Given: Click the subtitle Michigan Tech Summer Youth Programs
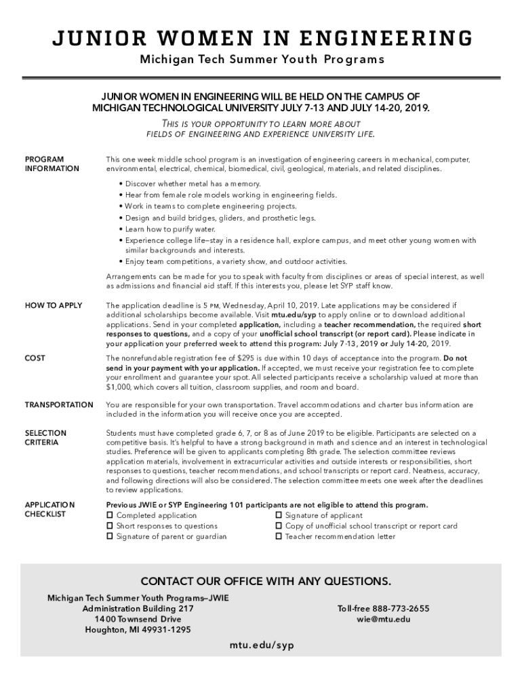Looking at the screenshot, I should coord(262,59).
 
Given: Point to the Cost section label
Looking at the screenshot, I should coord(35,358).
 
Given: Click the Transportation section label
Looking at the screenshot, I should coord(59,405).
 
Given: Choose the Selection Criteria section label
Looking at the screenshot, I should coord(45,438).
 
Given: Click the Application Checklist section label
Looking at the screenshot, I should coord(49,509).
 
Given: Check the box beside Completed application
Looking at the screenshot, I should coord(110,516).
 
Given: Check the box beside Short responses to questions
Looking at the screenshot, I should coord(110,526).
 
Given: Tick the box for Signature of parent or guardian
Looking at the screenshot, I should coord(110,537).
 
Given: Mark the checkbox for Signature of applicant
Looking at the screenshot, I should coord(279,516).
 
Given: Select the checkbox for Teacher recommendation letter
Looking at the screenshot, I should coord(279,537).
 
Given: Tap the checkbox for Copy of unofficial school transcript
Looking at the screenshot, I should coord(279,526).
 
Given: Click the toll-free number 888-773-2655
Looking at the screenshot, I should coord(383,609).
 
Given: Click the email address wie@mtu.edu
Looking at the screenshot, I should coord(383,619).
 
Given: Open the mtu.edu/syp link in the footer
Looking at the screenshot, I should coord(261,645).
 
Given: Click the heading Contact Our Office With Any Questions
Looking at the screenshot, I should coord(265,582).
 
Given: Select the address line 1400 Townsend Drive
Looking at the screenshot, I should coord(138,619).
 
